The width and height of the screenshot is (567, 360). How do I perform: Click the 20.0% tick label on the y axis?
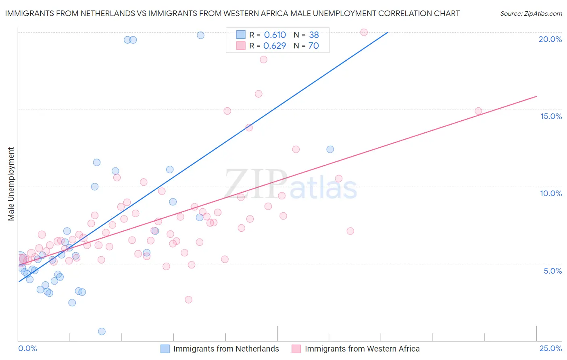(x=550, y=39)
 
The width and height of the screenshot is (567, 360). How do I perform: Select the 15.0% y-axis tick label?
(x=551, y=116)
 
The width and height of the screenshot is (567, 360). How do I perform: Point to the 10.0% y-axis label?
(x=551, y=193)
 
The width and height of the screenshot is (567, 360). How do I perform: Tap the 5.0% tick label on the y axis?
(x=552, y=271)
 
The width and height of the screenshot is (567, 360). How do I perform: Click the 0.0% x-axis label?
(x=27, y=348)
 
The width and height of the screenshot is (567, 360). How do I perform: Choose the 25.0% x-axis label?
(x=550, y=348)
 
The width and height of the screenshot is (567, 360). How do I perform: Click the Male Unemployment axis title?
(x=11, y=184)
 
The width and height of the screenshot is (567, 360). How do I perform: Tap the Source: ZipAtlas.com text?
(x=531, y=13)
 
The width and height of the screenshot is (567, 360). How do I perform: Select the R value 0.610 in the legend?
(x=275, y=35)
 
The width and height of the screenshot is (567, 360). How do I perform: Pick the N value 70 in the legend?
(x=313, y=46)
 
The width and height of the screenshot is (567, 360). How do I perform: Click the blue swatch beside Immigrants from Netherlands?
(x=165, y=349)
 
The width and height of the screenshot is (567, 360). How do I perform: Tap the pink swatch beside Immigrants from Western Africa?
(x=296, y=349)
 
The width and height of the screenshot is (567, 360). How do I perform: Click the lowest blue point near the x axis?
(x=102, y=331)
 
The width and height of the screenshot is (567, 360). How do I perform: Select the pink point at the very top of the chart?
(x=364, y=32)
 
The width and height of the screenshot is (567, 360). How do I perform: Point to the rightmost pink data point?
(x=478, y=111)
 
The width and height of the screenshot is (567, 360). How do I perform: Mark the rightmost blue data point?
(x=330, y=149)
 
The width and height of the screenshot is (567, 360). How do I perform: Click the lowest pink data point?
(x=188, y=299)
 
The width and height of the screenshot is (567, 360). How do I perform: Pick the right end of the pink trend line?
(x=536, y=96)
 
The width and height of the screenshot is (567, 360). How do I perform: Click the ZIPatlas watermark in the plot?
(x=290, y=184)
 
